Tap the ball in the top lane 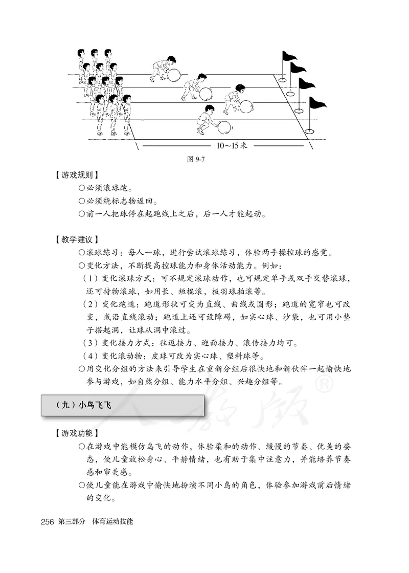point(174,75)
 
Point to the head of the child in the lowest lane point(209,108)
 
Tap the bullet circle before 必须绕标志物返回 point(81,201)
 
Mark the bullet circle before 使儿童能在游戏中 point(81,486)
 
